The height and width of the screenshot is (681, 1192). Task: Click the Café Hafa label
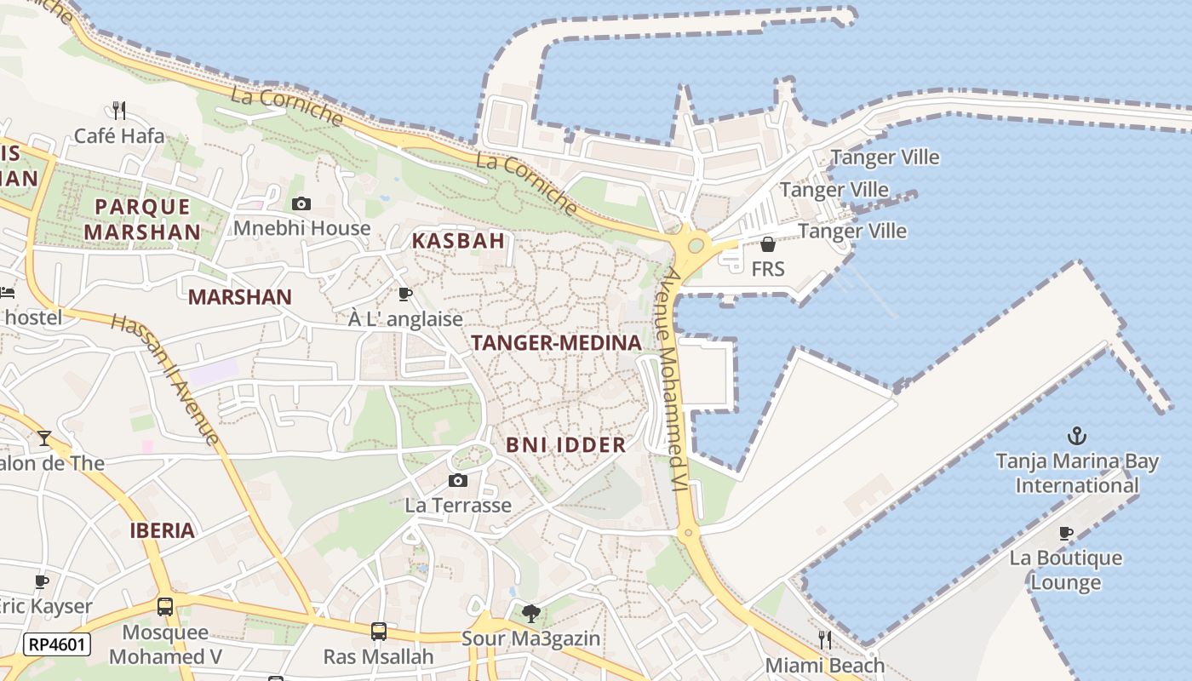click(119, 135)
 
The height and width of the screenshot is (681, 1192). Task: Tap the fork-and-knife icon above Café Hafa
click(119, 110)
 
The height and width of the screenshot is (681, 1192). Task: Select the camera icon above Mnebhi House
click(301, 203)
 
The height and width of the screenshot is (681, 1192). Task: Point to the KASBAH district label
click(459, 241)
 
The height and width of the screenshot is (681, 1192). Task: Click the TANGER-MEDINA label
click(556, 343)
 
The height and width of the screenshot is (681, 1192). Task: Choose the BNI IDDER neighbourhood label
click(566, 444)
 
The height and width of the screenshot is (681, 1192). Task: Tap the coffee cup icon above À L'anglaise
click(405, 295)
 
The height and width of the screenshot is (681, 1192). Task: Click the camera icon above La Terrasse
click(458, 481)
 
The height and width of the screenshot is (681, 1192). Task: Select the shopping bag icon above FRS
click(768, 244)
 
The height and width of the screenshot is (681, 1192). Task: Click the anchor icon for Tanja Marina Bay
click(1077, 437)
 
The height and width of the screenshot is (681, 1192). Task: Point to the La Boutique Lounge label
click(1065, 570)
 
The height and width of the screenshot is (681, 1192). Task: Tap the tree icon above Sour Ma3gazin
click(531, 613)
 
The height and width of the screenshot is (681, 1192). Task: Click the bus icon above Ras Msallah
click(379, 632)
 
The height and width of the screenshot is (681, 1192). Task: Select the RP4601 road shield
click(56, 644)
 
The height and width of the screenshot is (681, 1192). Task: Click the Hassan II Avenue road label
click(165, 379)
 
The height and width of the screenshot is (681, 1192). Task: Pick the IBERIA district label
click(163, 531)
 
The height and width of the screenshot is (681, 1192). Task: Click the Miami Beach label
click(825, 665)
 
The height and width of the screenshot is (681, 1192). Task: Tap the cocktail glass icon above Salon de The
click(44, 438)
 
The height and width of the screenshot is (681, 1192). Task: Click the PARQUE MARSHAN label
click(142, 219)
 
